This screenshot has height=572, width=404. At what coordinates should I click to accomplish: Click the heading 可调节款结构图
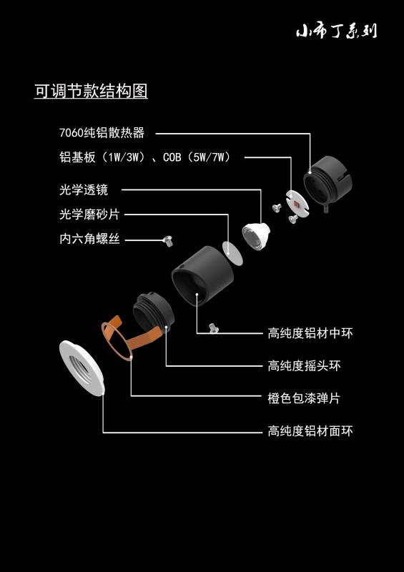tap(91, 91)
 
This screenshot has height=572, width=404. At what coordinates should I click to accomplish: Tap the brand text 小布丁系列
tap(336, 31)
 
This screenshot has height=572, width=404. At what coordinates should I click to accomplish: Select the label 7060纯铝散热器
tap(102, 132)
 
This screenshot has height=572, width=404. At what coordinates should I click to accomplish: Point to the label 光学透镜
tap(84, 189)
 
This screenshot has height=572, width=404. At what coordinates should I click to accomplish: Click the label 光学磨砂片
tap(89, 214)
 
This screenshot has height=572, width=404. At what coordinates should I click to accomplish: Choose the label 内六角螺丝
tap(89, 239)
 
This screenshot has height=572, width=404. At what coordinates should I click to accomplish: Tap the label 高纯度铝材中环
tap(310, 333)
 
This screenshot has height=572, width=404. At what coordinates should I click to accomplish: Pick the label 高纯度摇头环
tap(304, 365)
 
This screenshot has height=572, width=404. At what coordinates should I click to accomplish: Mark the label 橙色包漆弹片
tap(304, 398)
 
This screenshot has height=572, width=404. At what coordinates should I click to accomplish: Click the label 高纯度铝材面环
tap(310, 431)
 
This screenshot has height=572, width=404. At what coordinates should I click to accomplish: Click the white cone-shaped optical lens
tap(256, 235)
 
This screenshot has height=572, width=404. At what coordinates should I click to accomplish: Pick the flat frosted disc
tap(232, 253)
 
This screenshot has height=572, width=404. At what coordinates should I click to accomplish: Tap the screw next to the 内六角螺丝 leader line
tap(168, 241)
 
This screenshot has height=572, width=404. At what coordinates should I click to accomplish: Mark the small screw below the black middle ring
tap(214, 328)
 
